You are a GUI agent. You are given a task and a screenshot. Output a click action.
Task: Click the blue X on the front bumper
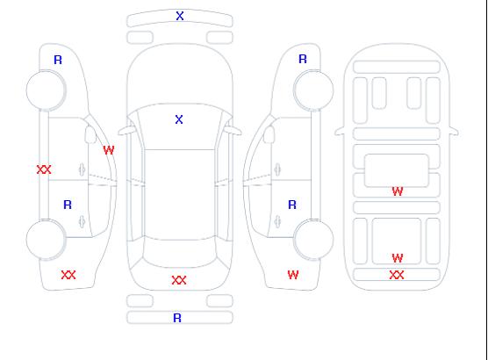tap(180, 16)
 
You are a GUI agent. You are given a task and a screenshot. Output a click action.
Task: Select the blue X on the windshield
tap(179, 119)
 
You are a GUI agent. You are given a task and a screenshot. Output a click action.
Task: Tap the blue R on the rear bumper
tap(177, 318)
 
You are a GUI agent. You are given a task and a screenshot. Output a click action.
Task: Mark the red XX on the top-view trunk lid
tap(179, 280)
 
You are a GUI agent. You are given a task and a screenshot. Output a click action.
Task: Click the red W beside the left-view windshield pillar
tap(109, 150)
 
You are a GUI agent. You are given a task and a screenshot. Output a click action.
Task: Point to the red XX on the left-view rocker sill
tap(44, 169)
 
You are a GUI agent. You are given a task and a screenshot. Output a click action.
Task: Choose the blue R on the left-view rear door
tap(68, 205)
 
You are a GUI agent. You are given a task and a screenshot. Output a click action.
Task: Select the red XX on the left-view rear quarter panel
tap(68, 275)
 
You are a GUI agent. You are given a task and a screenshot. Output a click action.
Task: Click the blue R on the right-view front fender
tap(303, 59)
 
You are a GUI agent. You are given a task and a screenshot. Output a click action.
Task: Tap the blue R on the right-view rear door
tap(292, 205)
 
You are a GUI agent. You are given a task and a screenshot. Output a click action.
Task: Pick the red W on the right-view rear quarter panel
tap(293, 275)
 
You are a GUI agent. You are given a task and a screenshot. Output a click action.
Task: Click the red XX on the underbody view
tap(397, 275)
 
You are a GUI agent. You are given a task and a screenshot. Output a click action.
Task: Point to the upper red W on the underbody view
tap(398, 191)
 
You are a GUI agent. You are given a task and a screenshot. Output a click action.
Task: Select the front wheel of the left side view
tap(46, 90)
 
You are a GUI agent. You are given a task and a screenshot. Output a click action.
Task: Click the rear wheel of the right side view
tap(313, 240)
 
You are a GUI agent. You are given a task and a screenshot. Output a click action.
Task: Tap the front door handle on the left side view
tap(82, 169)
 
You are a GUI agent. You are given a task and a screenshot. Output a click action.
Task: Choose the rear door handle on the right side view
tap(277, 222)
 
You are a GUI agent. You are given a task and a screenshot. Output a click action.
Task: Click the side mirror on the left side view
tap(90, 134)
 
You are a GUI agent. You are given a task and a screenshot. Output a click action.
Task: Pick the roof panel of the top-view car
tap(180, 195)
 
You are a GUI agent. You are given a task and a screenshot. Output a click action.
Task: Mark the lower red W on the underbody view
tap(398, 258)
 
